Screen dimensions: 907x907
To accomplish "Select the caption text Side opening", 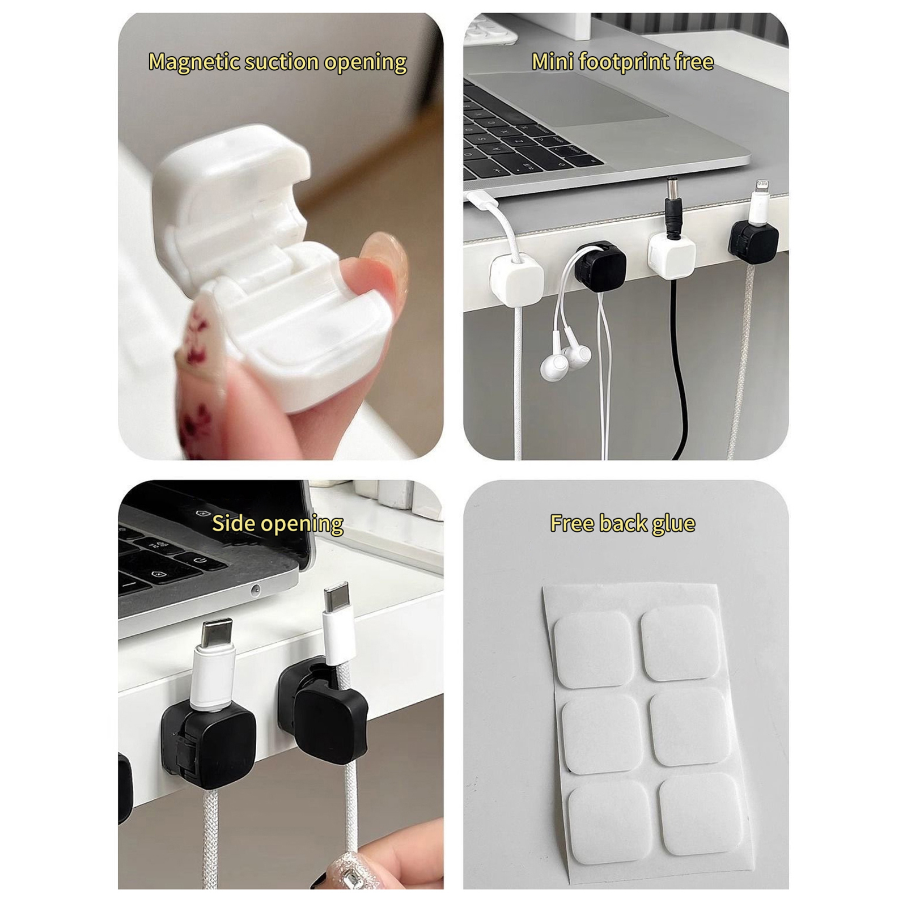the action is tap(278, 524).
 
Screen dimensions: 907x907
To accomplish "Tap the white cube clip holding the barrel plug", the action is tap(672, 254).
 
